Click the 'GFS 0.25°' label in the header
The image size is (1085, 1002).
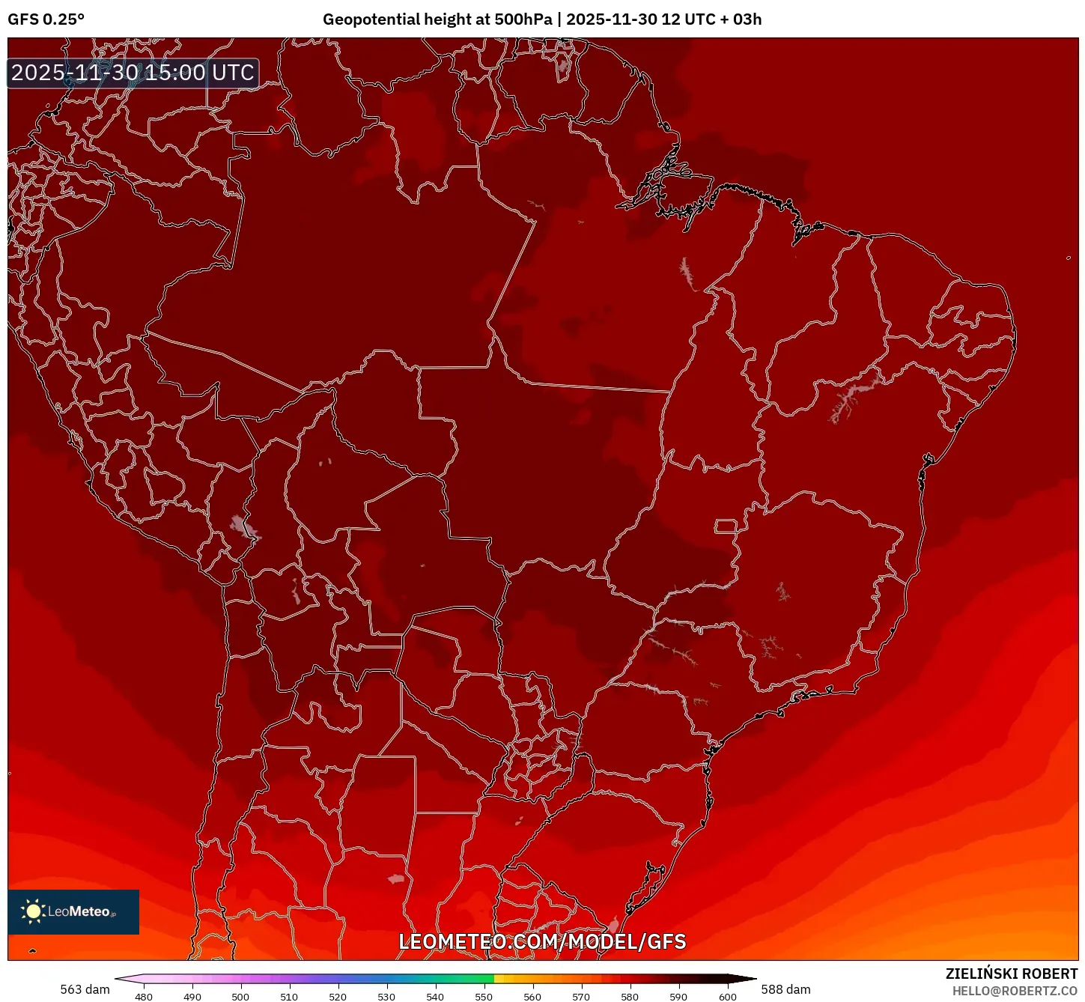click(46, 19)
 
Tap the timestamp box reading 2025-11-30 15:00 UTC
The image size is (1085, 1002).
click(133, 73)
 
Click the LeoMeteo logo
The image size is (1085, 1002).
click(73, 911)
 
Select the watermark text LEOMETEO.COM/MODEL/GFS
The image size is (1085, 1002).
click(542, 941)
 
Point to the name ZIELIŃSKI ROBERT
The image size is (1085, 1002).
click(1012, 974)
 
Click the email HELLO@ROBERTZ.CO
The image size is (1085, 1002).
click(1015, 991)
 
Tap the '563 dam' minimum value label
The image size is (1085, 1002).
click(85, 989)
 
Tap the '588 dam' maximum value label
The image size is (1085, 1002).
click(785, 989)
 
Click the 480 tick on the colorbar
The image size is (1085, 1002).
click(143, 996)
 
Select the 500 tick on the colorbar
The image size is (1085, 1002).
click(240, 996)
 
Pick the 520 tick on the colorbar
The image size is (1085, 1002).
click(338, 996)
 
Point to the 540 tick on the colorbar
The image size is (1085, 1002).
click(435, 996)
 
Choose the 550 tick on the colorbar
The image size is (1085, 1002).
click(484, 996)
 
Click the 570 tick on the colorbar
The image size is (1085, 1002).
click(581, 996)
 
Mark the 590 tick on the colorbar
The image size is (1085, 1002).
click(678, 996)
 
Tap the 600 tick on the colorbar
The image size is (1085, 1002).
click(727, 996)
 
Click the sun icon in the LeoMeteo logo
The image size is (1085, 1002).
click(33, 911)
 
